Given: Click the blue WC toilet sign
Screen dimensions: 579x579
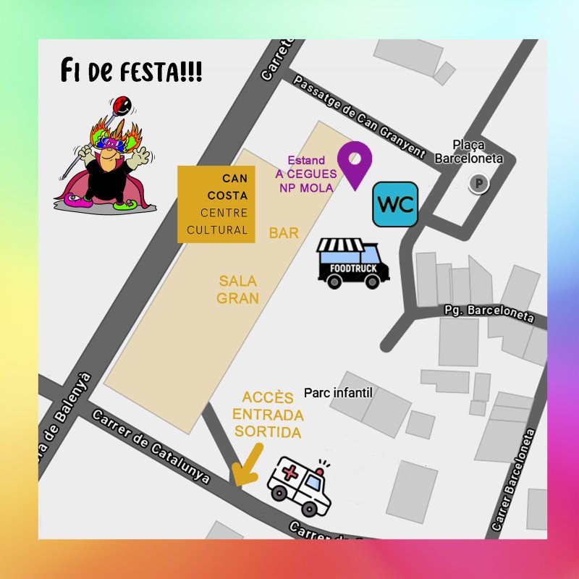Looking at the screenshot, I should click(395, 204).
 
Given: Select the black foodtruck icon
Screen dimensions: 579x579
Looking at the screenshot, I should click(353, 264).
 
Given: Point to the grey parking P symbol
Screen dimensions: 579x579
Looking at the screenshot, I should click(478, 184).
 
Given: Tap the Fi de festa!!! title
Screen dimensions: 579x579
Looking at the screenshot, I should click(131, 73).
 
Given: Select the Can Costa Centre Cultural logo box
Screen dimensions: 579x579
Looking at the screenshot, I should click(216, 204).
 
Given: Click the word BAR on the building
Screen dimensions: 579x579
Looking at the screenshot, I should click(284, 233).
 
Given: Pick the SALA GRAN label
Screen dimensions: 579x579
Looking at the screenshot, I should click(238, 289).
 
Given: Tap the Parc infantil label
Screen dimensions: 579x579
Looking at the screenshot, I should click(338, 392).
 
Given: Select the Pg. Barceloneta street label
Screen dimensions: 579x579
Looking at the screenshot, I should click(489, 313).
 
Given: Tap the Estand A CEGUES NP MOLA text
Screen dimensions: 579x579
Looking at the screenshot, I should click(305, 174).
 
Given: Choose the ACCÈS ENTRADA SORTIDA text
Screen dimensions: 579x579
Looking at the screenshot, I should click(267, 415).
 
